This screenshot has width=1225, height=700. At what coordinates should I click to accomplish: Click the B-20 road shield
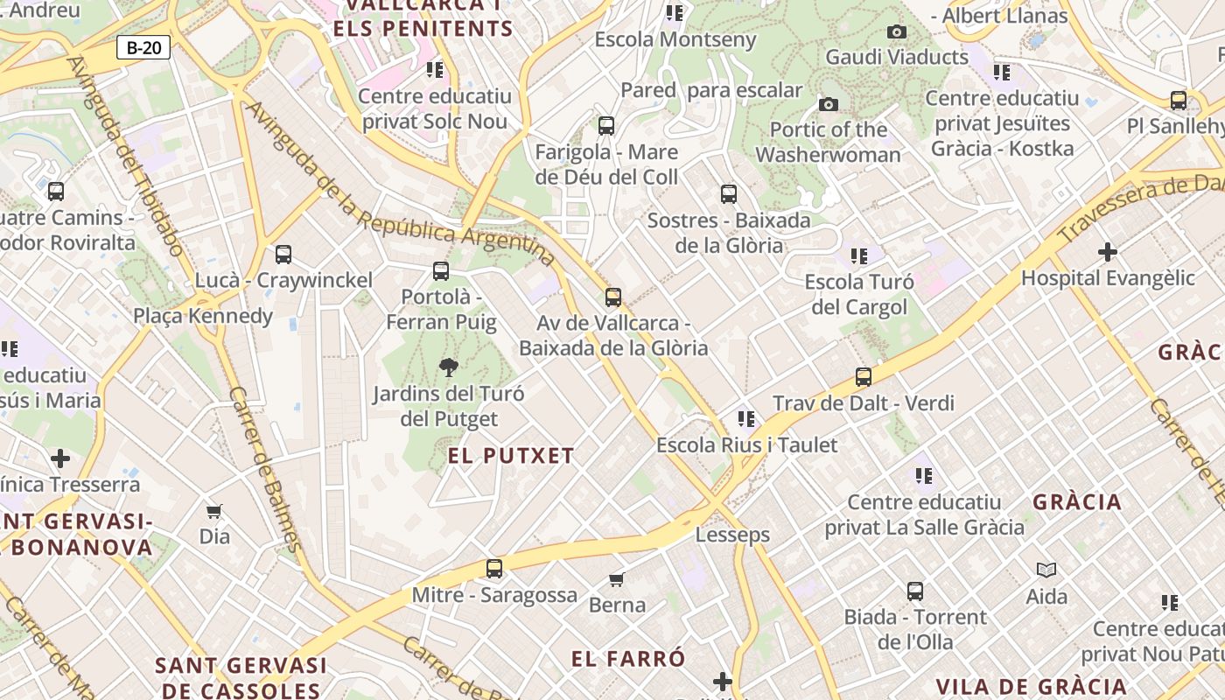(143, 47)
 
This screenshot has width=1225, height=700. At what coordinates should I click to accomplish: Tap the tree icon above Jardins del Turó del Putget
(449, 367)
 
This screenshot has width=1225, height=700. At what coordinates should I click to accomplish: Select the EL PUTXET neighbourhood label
(511, 456)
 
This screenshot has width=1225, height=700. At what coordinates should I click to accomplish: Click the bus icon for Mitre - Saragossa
(494, 569)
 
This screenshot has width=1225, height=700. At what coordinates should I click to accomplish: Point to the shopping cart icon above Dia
(213, 511)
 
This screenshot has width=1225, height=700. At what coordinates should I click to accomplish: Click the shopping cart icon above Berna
(617, 579)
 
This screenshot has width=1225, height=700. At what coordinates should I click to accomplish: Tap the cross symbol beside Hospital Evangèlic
(1108, 253)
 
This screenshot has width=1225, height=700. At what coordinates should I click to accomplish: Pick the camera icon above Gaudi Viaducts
(897, 32)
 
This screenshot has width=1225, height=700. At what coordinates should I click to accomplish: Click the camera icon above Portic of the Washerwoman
(828, 105)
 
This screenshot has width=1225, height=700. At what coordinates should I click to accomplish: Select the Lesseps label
(732, 535)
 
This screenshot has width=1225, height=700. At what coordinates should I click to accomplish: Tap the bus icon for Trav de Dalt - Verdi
(864, 377)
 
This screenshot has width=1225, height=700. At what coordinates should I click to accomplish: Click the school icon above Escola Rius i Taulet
(745, 419)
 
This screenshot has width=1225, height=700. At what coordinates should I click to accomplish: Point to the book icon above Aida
(1046, 570)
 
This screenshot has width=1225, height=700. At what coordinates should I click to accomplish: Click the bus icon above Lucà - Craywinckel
(283, 255)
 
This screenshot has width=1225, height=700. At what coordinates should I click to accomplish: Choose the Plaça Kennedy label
(203, 316)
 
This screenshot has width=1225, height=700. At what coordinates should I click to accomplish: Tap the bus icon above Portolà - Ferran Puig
(441, 271)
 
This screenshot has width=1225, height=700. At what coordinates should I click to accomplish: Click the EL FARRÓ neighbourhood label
(628, 659)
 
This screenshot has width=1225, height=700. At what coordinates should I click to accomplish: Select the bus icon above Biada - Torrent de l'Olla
(915, 591)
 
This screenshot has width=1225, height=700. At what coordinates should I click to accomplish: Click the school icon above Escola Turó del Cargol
(859, 256)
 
